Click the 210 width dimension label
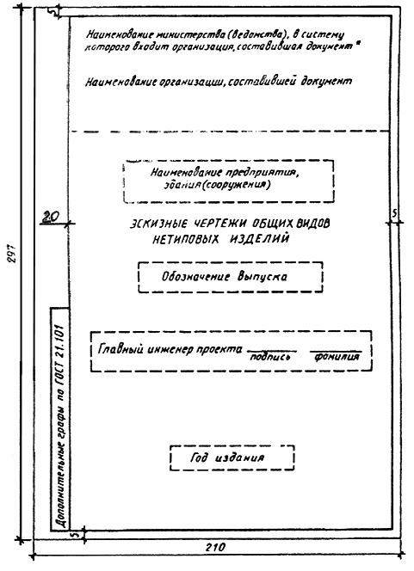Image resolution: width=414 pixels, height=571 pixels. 215,547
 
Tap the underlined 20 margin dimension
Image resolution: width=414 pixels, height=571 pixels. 50,217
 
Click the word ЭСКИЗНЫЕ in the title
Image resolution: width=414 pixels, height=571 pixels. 159,224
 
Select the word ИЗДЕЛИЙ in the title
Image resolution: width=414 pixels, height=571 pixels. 259,238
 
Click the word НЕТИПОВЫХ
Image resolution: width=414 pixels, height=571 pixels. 186,239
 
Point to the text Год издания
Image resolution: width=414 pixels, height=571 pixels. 227,457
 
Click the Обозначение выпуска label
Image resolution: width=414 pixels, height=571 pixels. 225,276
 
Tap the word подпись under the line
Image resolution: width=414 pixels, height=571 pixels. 270,357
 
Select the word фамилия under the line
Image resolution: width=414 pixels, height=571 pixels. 337,357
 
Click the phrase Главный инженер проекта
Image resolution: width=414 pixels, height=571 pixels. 170,349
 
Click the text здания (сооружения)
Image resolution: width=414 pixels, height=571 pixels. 217,185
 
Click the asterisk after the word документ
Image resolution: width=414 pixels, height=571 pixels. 358,45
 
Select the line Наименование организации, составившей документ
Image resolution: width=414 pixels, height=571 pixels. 219,82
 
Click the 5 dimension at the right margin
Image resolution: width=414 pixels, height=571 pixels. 394,214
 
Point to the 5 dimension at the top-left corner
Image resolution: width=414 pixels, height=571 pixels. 54,12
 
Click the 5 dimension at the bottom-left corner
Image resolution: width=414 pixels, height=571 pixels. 76,535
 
